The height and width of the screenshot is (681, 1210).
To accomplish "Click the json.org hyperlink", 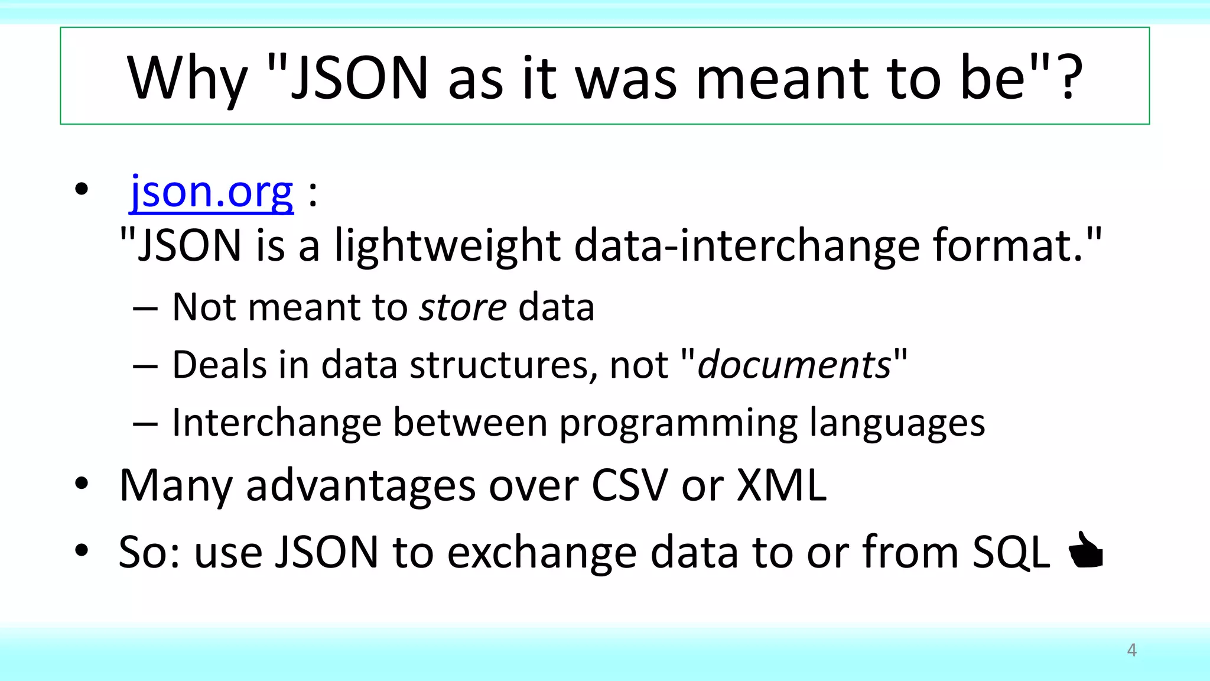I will (212, 193).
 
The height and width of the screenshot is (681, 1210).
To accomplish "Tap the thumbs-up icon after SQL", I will (1086, 551).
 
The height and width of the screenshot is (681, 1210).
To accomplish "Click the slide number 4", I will (1131, 650).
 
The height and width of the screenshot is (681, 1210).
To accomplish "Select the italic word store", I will (463, 307).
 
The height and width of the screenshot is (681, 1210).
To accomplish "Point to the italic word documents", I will (794, 365).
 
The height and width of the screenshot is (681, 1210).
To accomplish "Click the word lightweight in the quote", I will (447, 246).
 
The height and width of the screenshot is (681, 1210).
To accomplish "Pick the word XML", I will (782, 486).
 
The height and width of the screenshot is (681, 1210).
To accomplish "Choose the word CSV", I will (630, 486).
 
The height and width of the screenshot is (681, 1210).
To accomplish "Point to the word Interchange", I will (277, 423).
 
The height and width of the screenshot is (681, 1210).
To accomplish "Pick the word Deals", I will (219, 365).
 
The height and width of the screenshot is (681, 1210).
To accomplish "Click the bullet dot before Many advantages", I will (82, 484).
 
